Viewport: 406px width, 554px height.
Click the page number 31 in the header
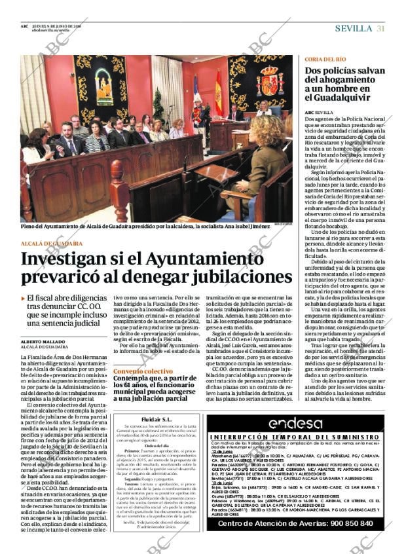tap(380, 28)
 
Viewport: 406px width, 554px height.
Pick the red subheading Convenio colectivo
tap(138, 371)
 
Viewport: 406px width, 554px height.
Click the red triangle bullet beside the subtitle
tap(24, 298)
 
